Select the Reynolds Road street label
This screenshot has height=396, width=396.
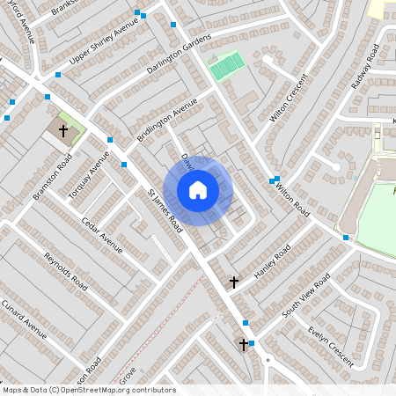[66, 271]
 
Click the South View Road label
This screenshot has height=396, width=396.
[305, 296]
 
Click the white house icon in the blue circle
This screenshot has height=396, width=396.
[198, 190]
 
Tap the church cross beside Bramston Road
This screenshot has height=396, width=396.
[63, 131]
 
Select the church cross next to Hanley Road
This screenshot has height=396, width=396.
[234, 282]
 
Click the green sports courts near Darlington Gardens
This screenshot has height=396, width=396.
[227, 65]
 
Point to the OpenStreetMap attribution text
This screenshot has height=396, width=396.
[88, 390]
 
